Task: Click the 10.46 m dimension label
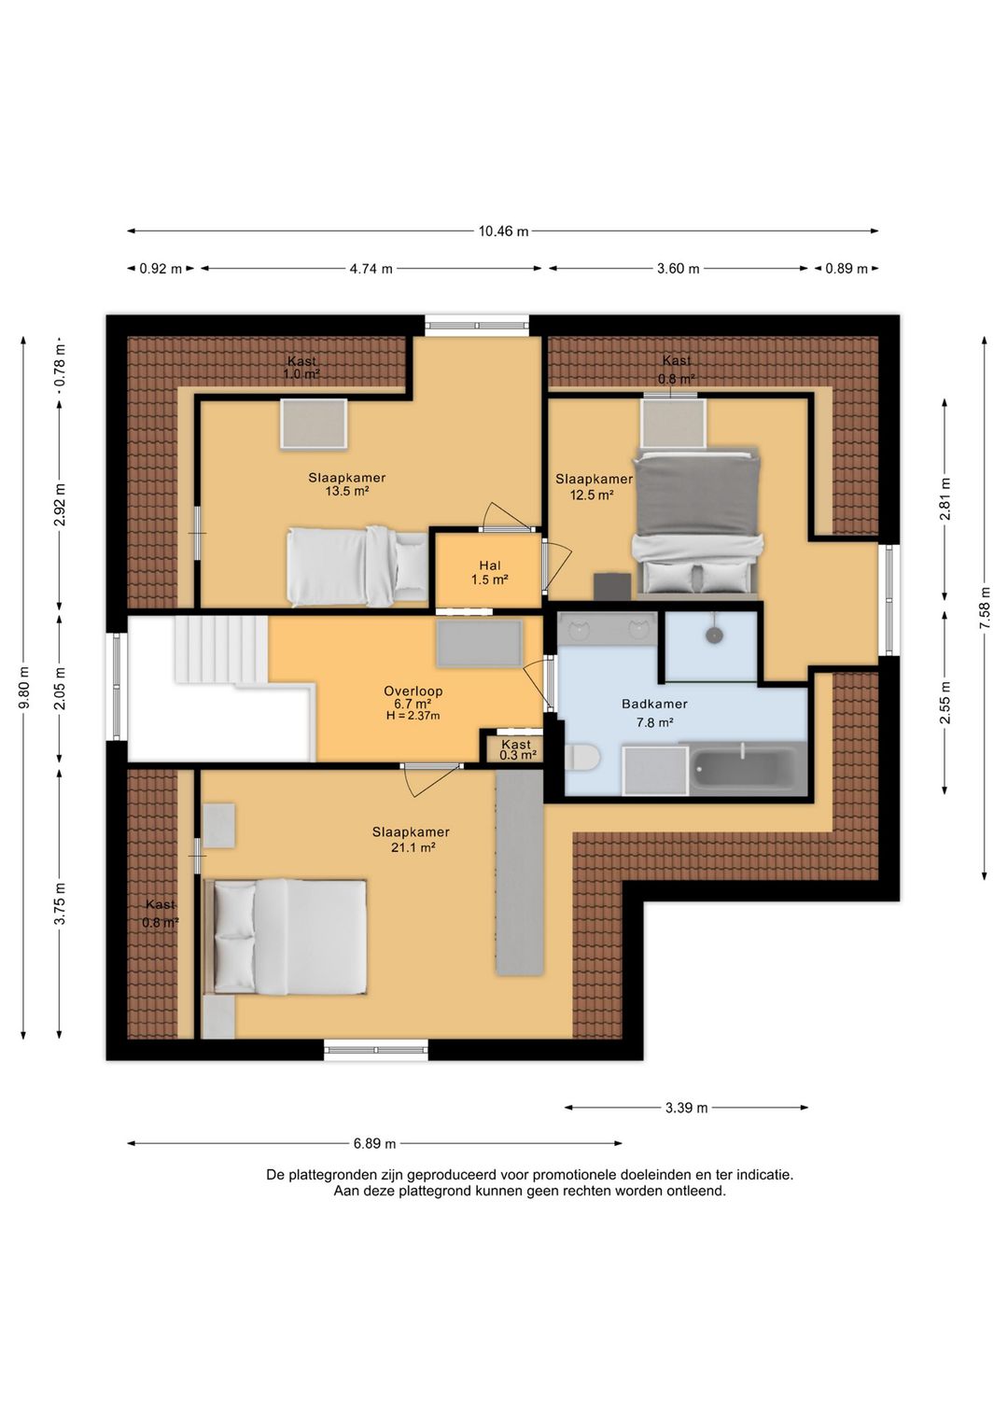pos(503,231)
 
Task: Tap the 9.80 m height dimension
pos(23,688)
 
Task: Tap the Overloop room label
pos(413,691)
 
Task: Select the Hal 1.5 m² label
pos(490,572)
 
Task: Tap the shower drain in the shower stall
pos(715,635)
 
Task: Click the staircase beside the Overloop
pos(220,650)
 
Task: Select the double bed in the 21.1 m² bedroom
pos(286,936)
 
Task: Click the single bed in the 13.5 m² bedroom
pos(357,565)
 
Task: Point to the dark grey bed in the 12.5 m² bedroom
pos(698,523)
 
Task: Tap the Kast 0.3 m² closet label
pos(516,749)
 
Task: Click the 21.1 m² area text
pos(413,847)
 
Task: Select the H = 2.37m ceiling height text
pos(413,716)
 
